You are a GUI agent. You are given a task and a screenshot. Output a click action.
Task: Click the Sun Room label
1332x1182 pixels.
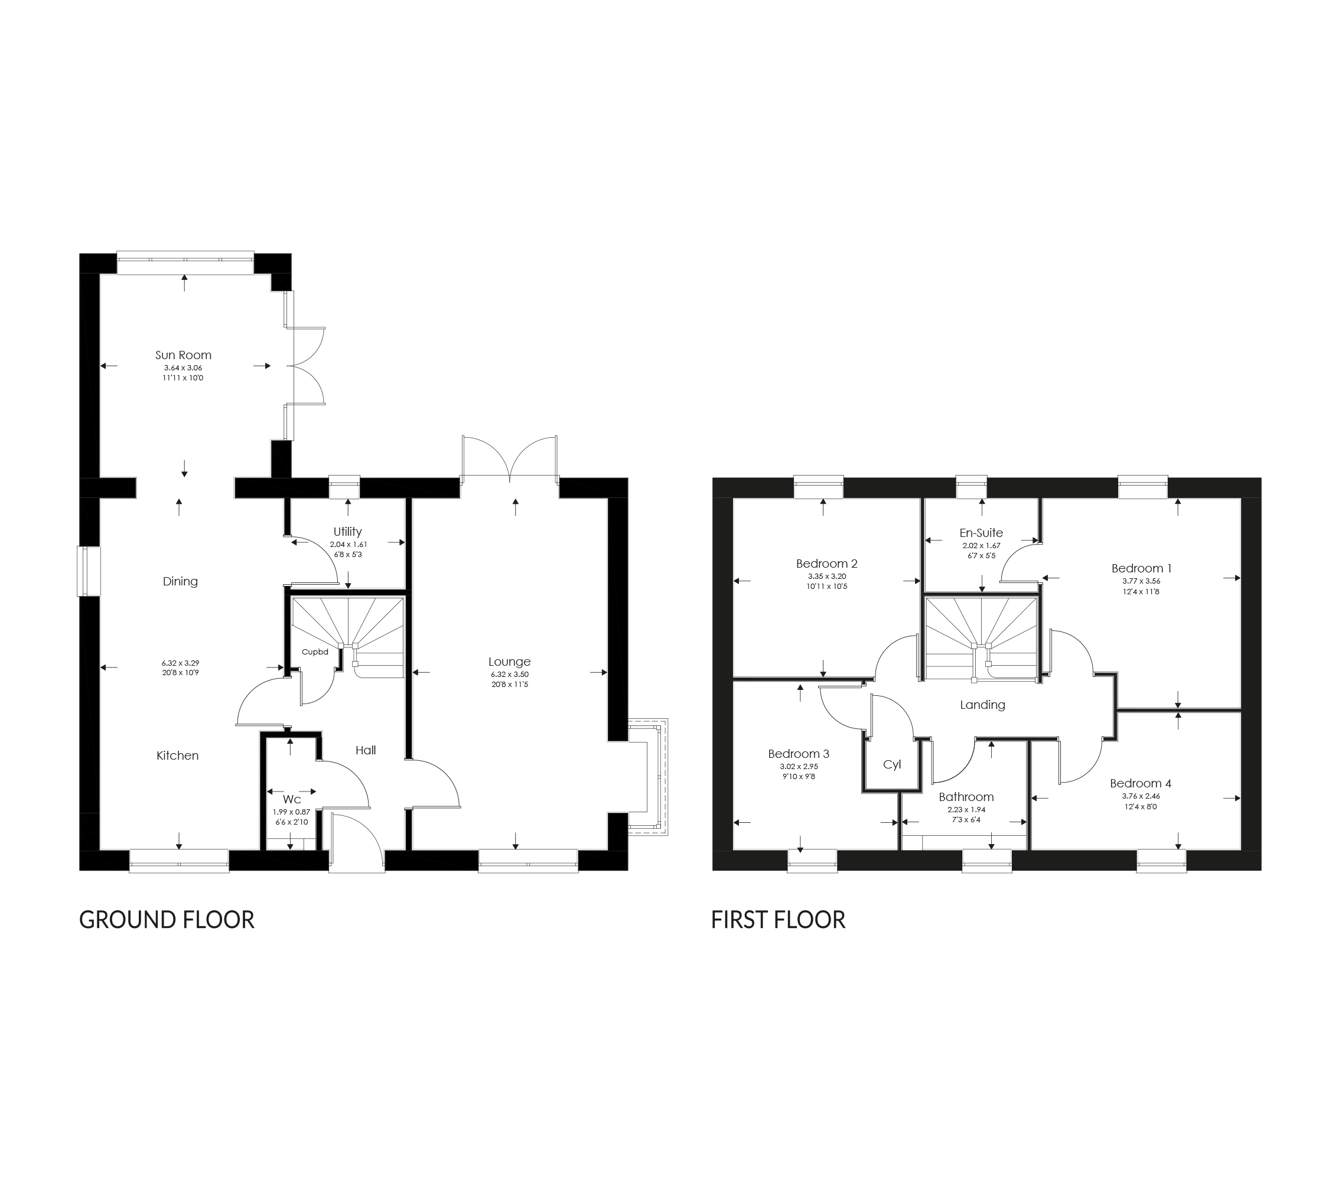(183, 355)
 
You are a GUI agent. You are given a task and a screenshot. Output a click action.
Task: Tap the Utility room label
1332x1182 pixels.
(347, 532)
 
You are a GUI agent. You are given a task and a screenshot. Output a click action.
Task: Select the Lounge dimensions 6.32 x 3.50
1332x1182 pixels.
(510, 675)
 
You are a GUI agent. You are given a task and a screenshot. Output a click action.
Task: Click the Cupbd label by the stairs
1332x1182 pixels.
(315, 652)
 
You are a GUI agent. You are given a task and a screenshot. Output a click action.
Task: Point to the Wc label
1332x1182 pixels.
(291, 799)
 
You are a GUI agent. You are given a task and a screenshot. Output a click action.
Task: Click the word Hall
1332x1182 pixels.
(366, 750)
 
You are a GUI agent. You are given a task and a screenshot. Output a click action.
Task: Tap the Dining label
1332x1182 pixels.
(180, 581)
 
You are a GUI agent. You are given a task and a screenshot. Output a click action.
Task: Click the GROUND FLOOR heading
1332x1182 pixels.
(166, 919)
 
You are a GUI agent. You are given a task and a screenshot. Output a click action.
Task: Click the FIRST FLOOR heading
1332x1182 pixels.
(778, 919)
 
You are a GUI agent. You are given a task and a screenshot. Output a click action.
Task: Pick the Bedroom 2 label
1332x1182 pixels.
(826, 564)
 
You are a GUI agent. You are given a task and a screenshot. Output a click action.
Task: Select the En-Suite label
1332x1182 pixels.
(981, 532)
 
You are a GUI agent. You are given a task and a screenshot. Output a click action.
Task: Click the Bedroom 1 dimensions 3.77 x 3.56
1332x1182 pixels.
(1141, 581)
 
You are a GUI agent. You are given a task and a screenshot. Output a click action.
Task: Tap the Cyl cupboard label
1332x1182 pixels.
(891, 764)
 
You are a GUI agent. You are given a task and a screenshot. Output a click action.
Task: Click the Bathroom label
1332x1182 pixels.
(966, 797)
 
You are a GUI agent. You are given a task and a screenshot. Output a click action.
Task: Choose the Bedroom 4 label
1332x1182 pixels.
(1141, 783)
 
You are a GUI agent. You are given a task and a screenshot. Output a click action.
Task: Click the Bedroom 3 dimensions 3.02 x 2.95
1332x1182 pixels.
(798, 767)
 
